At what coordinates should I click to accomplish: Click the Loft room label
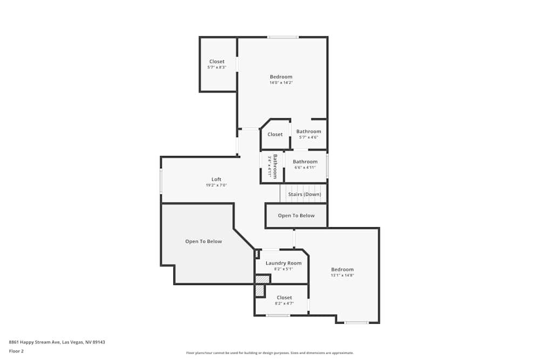coord(216,179)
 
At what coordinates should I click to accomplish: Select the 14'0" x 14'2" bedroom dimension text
coord(281,83)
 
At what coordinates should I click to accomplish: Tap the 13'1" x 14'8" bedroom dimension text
coord(342,275)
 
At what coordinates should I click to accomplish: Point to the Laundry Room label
coord(283,263)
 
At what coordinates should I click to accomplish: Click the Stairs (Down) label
coord(305,194)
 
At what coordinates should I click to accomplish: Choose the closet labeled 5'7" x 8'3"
coord(217,64)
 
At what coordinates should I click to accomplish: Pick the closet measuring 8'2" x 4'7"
coord(284,300)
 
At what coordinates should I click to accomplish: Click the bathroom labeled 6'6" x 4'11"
coord(305,164)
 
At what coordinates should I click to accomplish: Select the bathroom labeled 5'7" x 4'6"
coord(308,134)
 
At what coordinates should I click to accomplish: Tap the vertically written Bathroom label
coord(275,166)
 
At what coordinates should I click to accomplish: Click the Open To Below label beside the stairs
coord(296,215)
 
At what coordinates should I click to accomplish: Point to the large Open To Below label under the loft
coord(204,241)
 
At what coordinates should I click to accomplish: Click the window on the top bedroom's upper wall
coord(282,37)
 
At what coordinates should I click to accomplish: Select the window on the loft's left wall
coord(161,181)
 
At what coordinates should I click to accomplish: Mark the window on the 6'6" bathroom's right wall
coord(327,166)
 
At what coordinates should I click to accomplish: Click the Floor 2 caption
coord(16,351)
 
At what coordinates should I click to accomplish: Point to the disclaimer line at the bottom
coord(270,352)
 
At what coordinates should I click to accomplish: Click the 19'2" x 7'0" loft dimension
coord(216,185)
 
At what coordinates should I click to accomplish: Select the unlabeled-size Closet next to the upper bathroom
coord(275,134)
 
